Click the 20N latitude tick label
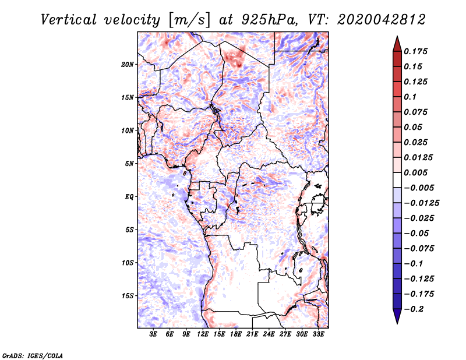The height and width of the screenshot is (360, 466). pos(128,64)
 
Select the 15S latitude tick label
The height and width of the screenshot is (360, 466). pos(128,296)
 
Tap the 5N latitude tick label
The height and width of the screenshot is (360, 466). pos(129,164)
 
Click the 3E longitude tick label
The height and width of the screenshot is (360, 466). pos(154,335)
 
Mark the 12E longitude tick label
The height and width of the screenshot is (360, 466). pos(203,335)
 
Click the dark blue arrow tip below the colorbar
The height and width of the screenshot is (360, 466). pos(397,319)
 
